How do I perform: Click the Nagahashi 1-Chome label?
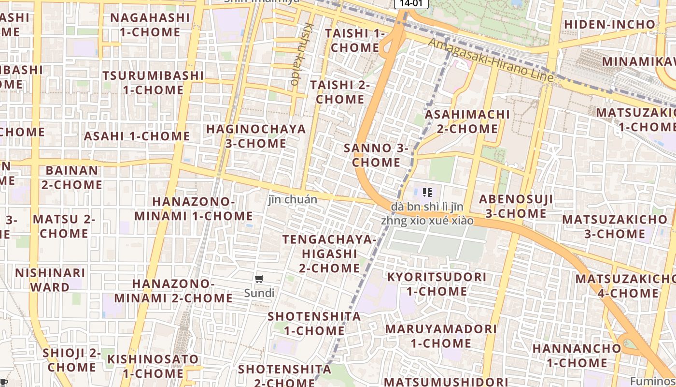pyautogui.click(x=150, y=25)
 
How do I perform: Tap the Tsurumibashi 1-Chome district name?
pyautogui.click(x=153, y=83)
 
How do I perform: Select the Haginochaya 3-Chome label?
pyautogui.click(x=256, y=136)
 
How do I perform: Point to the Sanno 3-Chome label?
pyautogui.click(x=376, y=155)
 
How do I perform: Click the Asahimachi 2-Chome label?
pyautogui.click(x=467, y=121)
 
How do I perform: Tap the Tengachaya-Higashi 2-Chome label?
pyautogui.click(x=329, y=253)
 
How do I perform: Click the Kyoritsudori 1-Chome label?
pyautogui.click(x=437, y=284)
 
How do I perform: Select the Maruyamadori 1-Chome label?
pyautogui.click(x=440, y=336)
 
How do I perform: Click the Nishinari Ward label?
pyautogui.click(x=50, y=280)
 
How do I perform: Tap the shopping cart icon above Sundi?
pyautogui.click(x=259, y=279)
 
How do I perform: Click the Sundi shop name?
pyautogui.click(x=259, y=293)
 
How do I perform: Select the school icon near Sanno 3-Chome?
pyautogui.click(x=427, y=193)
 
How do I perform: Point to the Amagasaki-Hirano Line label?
pyautogui.click(x=491, y=60)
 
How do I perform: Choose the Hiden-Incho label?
pyautogui.click(x=609, y=24)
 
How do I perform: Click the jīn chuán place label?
pyautogui.click(x=293, y=199)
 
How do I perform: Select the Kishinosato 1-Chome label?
pyautogui.click(x=153, y=366)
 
